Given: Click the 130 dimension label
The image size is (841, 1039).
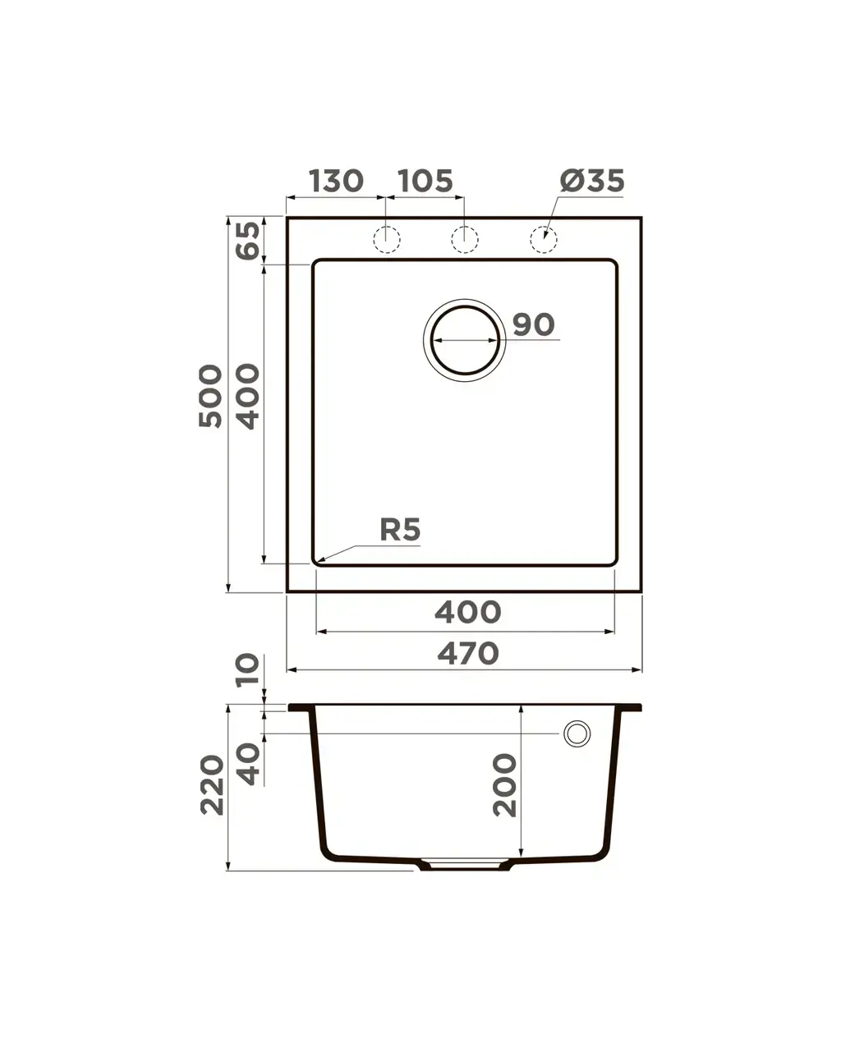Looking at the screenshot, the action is (x=336, y=181).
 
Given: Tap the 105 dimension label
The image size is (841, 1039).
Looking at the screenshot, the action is (x=425, y=181).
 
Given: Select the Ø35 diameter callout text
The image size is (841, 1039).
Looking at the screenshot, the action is (x=591, y=181).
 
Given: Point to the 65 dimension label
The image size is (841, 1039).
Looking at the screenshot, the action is (x=248, y=240).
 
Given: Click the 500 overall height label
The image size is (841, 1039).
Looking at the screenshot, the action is (x=211, y=396).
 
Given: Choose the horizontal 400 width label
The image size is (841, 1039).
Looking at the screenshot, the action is (x=467, y=612).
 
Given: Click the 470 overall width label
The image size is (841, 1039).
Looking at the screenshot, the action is (x=467, y=654).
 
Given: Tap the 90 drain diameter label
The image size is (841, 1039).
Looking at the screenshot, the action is (x=533, y=324).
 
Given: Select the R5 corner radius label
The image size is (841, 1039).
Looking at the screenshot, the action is (x=400, y=530).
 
